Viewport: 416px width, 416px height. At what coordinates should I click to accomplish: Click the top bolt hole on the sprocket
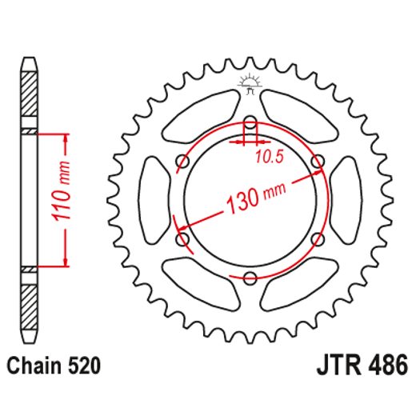pos(250,123)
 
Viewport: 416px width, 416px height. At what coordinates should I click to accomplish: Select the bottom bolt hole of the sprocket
pos(250,277)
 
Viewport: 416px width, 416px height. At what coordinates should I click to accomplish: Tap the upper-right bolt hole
pos(318,162)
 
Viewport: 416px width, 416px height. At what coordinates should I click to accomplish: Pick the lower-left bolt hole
pos(182,238)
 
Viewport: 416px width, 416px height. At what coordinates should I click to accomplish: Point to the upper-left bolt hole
pos(182,162)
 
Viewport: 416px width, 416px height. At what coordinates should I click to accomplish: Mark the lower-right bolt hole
pos(318,238)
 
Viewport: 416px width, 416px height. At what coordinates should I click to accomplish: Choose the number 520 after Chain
pos(84,367)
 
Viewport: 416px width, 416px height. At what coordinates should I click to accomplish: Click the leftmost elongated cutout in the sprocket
pos(153,200)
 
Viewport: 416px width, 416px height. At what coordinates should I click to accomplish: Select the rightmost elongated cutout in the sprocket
pos(346,200)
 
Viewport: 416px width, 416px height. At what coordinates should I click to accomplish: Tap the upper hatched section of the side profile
pos(30,94)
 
